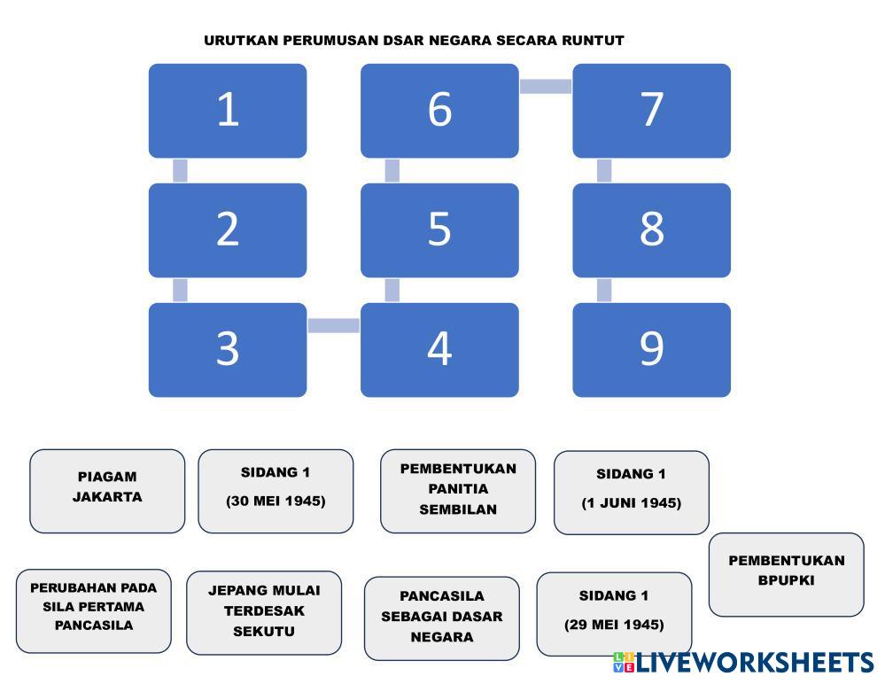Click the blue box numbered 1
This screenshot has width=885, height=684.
pos(228,111)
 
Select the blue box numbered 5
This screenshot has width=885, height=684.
pos(439,229)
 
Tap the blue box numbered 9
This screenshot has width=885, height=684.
pos(651,349)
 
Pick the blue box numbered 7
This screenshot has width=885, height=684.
pos(651,111)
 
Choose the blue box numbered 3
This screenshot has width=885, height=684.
pos(228,349)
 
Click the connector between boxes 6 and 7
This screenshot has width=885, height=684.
pos(546,86)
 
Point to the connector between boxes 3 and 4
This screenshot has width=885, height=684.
pos(334,325)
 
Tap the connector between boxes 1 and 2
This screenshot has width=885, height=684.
pos(180,170)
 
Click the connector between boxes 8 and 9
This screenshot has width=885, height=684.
pos(604,290)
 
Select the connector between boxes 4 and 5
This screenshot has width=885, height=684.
pos(392,290)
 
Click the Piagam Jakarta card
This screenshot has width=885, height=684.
pos(107,491)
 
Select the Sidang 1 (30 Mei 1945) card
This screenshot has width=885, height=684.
pos(276,491)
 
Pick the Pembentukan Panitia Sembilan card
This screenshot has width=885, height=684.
pos(458,491)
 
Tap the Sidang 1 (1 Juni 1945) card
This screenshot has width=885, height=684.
pos(632,493)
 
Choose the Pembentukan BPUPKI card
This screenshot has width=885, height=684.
pos(787,574)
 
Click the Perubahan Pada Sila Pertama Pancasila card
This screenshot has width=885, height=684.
pos(94,610)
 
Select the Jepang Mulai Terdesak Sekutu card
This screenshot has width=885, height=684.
pos(264,612)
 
